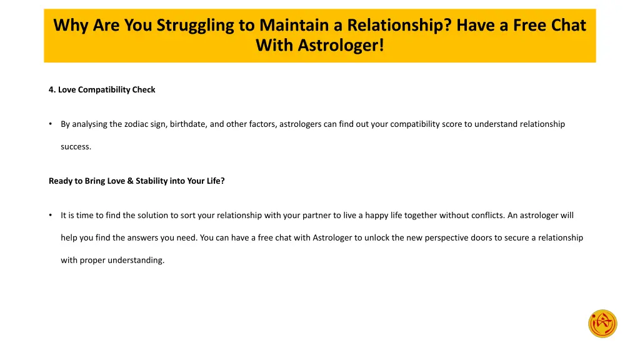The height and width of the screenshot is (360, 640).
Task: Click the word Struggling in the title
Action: click(194, 25)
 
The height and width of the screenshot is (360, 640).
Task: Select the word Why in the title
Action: click(71, 25)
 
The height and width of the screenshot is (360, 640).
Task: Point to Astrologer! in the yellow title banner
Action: click(341, 46)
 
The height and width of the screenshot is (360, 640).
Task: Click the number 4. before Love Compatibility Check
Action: click(52, 89)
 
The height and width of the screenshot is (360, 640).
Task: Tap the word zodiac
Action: click(137, 124)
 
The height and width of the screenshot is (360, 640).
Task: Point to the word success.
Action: click(76, 146)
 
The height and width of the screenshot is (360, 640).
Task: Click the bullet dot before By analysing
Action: click(50, 124)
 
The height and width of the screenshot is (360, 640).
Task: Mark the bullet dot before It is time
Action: click(50, 215)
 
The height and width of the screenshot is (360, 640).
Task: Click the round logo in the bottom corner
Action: click(602, 324)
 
